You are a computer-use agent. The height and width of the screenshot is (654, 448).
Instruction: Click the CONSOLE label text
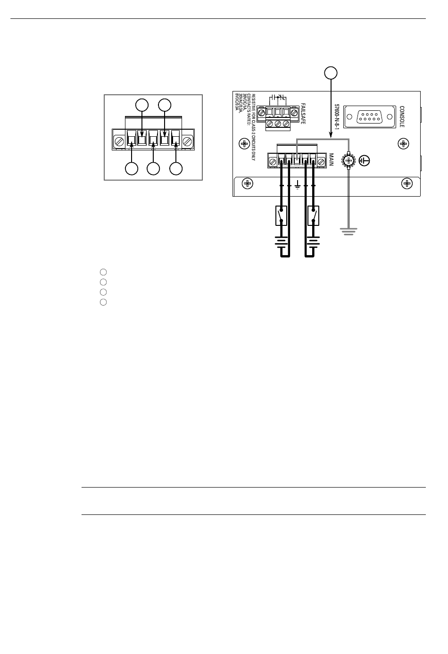click(402, 116)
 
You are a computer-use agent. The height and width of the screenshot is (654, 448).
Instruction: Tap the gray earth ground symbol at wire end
click(348, 231)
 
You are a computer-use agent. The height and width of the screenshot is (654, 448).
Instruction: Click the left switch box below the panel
click(282, 215)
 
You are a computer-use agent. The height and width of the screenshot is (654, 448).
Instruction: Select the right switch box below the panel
click(313, 215)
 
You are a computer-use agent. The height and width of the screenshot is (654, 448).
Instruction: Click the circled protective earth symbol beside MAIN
click(364, 161)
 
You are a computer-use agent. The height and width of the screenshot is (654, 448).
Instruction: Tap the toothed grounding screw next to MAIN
click(348, 161)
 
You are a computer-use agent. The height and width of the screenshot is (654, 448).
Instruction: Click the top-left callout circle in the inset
click(142, 105)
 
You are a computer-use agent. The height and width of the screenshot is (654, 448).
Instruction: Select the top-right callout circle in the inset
click(164, 105)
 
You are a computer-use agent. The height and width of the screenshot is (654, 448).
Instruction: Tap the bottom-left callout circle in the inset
click(132, 169)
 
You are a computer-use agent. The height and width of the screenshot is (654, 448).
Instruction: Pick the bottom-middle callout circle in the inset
click(153, 169)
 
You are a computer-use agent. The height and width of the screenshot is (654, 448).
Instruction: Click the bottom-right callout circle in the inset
click(176, 169)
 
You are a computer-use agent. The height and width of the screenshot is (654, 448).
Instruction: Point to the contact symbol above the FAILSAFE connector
click(277, 99)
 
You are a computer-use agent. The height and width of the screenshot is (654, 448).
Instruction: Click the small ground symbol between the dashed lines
click(298, 186)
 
